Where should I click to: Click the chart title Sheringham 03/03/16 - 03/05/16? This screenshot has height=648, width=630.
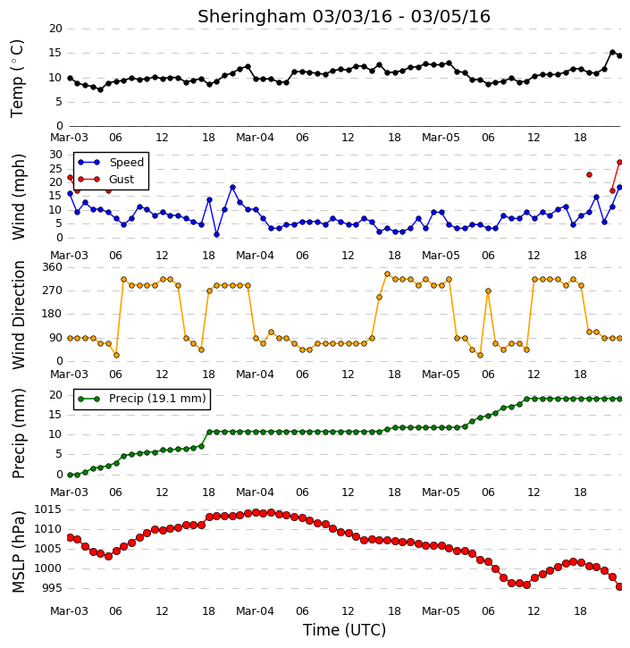[344, 16]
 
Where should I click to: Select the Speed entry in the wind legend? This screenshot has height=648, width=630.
[111, 163]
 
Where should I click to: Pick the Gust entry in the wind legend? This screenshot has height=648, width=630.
[106, 180]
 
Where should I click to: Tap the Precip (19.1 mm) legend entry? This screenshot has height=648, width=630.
[142, 399]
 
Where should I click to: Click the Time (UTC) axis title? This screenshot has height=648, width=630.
[344, 630]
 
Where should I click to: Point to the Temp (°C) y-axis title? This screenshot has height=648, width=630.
[17, 79]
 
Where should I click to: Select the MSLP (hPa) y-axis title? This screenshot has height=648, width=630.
[18, 551]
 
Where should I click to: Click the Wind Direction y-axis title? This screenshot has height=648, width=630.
[18, 315]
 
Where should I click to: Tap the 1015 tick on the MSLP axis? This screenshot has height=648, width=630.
[47, 509]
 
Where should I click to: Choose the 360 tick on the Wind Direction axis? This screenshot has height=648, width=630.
[53, 267]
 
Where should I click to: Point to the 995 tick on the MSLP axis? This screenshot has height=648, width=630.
[51, 588]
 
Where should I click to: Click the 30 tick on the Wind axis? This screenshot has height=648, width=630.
[55, 155]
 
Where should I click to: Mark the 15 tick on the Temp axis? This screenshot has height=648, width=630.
[55, 53]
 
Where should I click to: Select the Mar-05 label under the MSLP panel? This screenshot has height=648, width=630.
[441, 610]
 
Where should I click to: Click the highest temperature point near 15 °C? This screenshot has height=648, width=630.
[613, 53]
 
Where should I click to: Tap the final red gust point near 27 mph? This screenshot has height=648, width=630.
[619, 163]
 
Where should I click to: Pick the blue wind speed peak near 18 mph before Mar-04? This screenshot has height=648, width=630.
[232, 187]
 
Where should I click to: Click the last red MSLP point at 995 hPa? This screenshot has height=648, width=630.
[619, 587]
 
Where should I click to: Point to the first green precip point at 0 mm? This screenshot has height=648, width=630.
[70, 475]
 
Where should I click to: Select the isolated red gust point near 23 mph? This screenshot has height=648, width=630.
[590, 175]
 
